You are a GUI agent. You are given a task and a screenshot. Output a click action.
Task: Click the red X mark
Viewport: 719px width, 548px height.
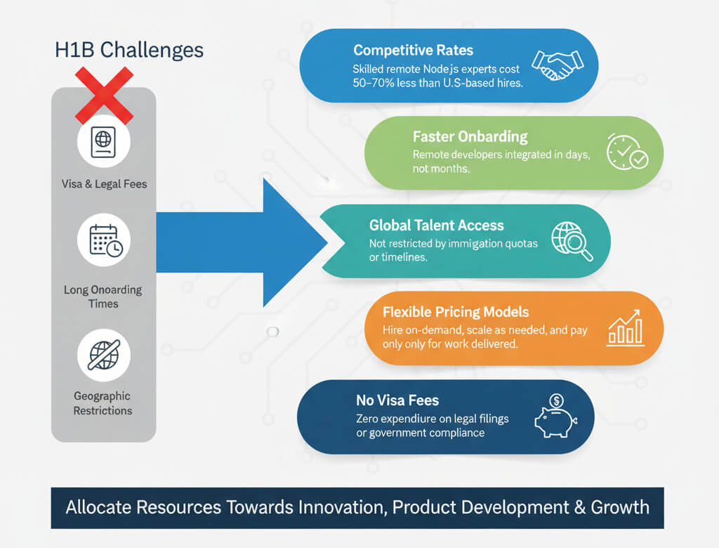point(104,95)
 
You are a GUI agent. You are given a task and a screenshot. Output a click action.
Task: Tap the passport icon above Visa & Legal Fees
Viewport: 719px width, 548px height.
point(103,142)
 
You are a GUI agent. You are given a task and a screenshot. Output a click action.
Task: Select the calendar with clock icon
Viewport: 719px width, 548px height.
point(104,240)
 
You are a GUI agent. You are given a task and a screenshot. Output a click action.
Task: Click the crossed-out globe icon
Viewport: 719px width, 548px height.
point(104,355)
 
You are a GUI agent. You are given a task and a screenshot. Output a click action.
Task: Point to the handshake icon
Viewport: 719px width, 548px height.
point(553,65)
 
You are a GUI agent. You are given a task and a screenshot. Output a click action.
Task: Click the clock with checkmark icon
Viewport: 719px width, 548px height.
point(626,151)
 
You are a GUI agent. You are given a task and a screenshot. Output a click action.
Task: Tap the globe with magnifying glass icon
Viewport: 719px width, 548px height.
point(572,241)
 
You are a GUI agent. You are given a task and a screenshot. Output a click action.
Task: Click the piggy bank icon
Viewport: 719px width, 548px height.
point(555,417)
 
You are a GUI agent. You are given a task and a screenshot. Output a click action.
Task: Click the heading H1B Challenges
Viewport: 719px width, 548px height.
point(129,51)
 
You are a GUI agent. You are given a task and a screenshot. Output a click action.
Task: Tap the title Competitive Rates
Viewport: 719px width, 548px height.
point(413,51)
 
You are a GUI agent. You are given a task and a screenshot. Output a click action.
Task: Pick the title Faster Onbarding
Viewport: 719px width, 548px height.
point(470,136)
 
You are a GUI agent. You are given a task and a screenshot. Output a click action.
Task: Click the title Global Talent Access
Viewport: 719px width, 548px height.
point(436,226)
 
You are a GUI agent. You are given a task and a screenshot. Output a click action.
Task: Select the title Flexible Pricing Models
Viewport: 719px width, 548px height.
point(456,312)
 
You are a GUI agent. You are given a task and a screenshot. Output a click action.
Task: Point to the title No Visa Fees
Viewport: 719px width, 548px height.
point(397,400)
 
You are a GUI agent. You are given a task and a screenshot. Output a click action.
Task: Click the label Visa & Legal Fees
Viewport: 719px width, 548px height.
point(104,184)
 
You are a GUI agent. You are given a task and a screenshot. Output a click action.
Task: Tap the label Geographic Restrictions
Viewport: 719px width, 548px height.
point(103,403)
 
